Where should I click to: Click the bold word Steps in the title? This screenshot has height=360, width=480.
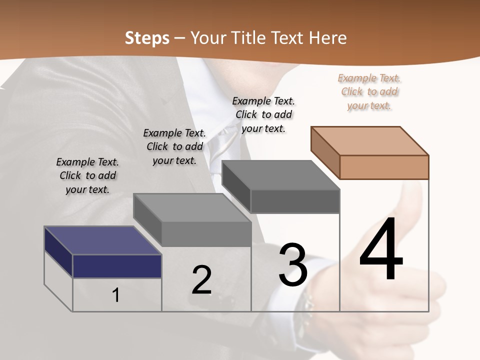pyautogui.click(x=147, y=38)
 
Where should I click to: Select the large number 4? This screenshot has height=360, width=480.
pyautogui.click(x=381, y=250)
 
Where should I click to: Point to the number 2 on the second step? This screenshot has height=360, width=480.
pyautogui.click(x=201, y=280)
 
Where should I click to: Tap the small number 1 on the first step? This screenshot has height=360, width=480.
pyautogui.click(x=116, y=295)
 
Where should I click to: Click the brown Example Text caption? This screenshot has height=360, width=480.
pyautogui.click(x=369, y=92)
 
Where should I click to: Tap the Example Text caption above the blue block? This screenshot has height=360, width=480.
pyautogui.click(x=87, y=175)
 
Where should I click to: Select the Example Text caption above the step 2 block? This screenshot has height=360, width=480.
pyautogui.click(x=174, y=146)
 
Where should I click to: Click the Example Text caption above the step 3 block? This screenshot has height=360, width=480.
pyautogui.click(x=263, y=114)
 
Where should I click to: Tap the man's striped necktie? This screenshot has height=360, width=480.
pyautogui.click(x=220, y=150)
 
